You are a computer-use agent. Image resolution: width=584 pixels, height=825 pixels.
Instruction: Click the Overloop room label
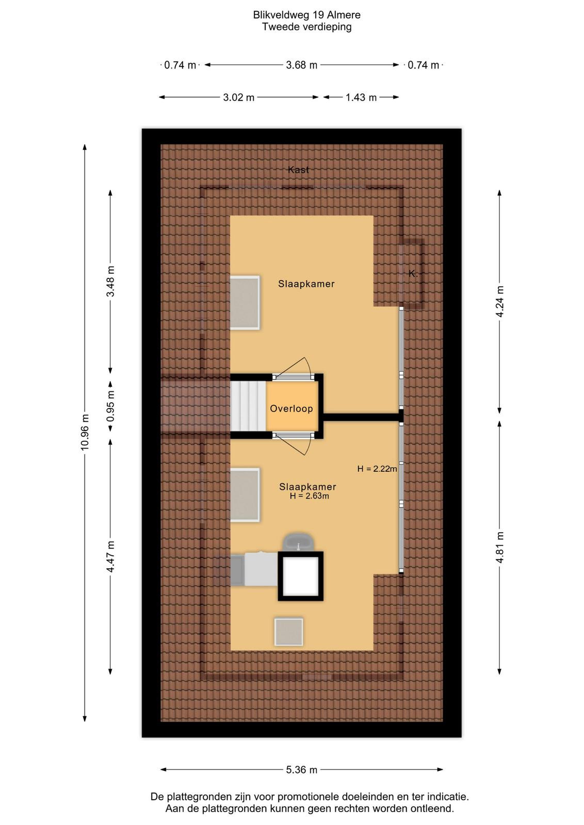[291, 408]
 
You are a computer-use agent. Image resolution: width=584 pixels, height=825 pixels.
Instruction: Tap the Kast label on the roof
[298, 170]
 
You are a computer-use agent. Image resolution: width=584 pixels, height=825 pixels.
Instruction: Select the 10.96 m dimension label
[85, 432]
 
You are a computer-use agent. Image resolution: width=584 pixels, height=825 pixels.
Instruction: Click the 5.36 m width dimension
[301, 770]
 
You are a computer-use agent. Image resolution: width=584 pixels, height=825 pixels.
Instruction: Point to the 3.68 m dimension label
[301, 65]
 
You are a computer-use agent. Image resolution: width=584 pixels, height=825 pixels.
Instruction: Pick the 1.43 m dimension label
[361, 97]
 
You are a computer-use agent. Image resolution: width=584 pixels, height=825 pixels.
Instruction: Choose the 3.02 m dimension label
[238, 97]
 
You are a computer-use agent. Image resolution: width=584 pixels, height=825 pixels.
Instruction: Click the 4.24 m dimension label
[499, 301]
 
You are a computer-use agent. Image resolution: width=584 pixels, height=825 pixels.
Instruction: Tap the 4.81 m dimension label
[499, 547]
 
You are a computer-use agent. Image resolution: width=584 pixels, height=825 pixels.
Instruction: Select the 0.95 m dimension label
[110, 405]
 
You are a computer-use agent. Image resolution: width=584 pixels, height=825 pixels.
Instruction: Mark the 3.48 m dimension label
[110, 282]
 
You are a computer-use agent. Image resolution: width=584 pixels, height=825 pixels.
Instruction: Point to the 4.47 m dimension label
[110, 556]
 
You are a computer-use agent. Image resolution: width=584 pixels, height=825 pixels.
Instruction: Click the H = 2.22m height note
[377, 469]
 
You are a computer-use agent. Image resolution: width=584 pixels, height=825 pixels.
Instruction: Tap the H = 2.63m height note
[309, 496]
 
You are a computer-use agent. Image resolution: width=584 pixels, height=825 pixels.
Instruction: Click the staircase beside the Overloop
[248, 406]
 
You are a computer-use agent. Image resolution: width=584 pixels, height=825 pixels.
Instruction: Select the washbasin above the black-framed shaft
[298, 542]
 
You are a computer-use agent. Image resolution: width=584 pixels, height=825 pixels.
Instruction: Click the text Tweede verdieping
[306, 27]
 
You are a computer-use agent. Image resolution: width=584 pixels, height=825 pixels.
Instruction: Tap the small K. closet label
[413, 274]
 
